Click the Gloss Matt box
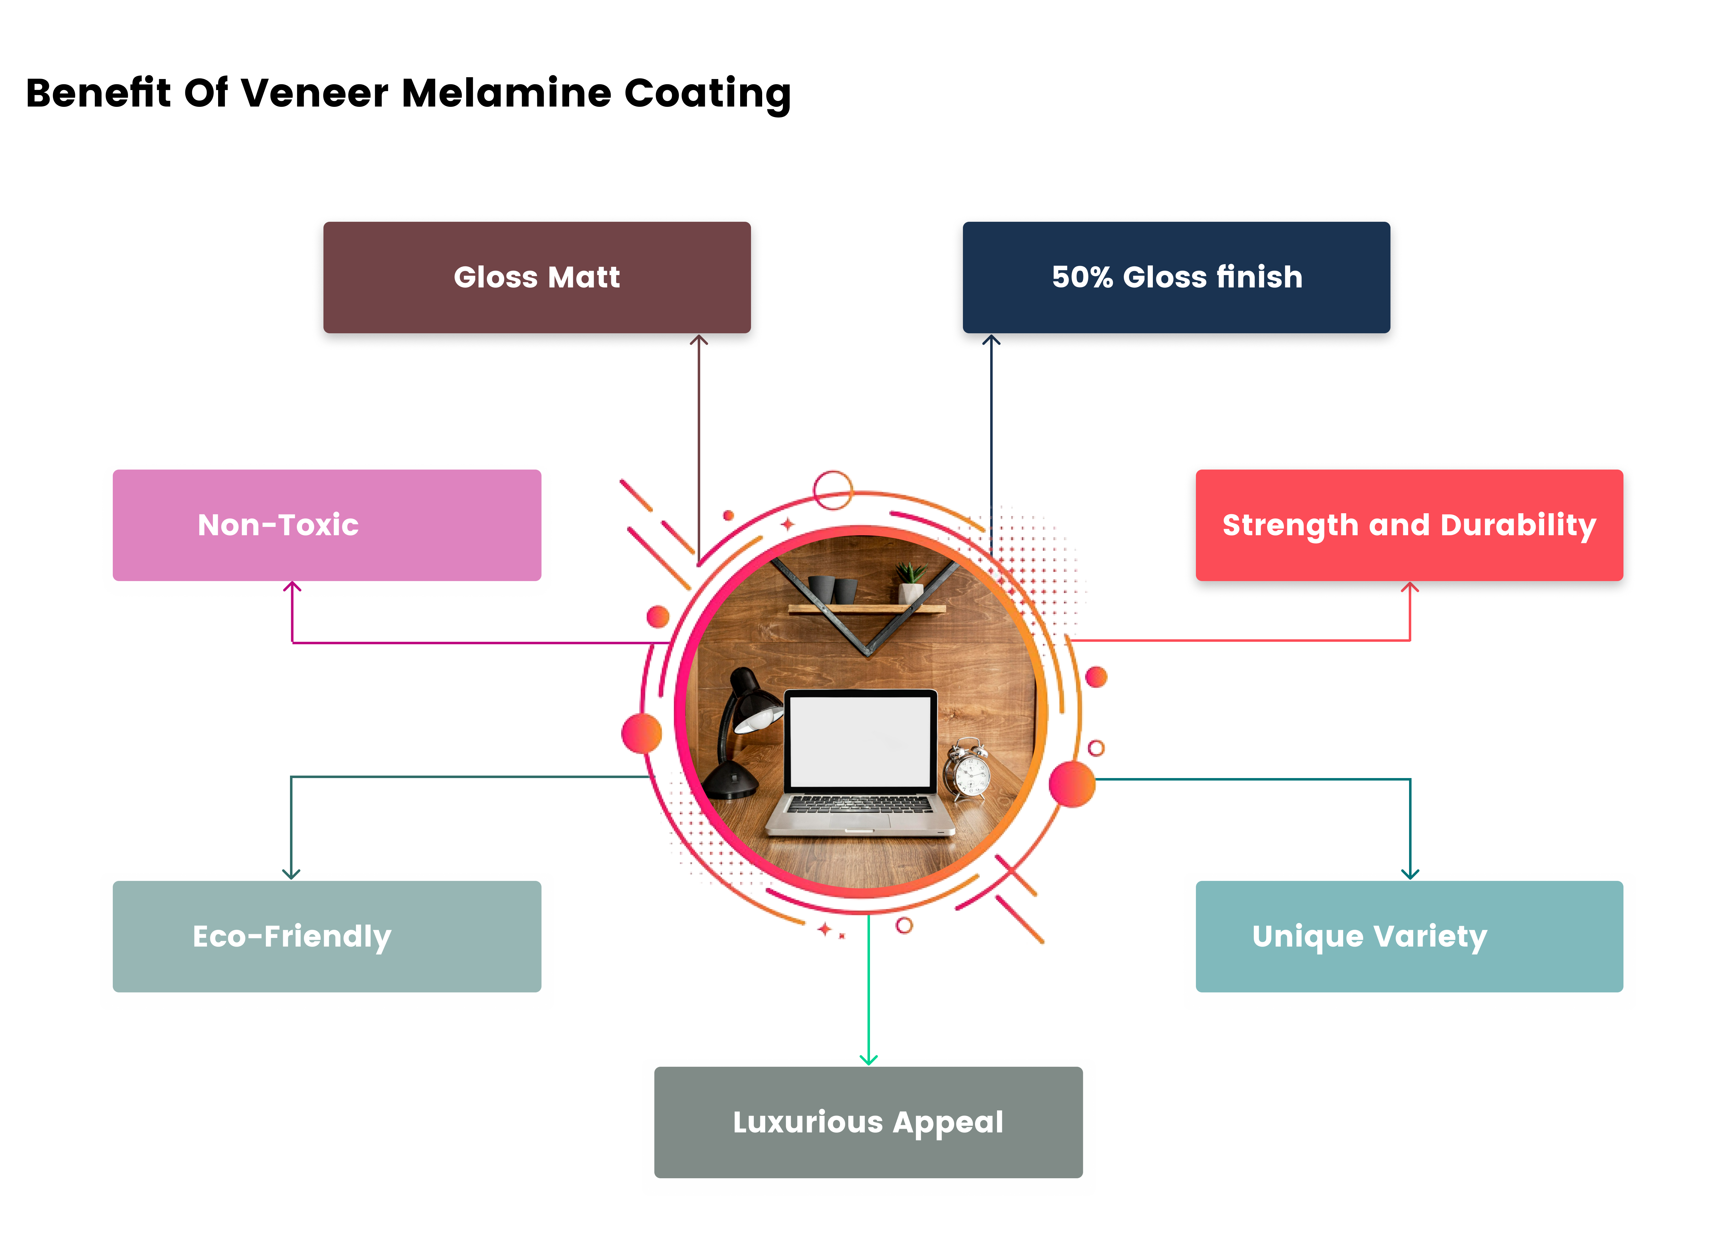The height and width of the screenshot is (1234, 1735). pos(537,277)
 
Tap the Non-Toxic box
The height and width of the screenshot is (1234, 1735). pos(327,525)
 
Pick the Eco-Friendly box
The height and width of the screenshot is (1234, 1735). pos(327,936)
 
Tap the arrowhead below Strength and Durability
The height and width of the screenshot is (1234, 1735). pos(1410,587)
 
